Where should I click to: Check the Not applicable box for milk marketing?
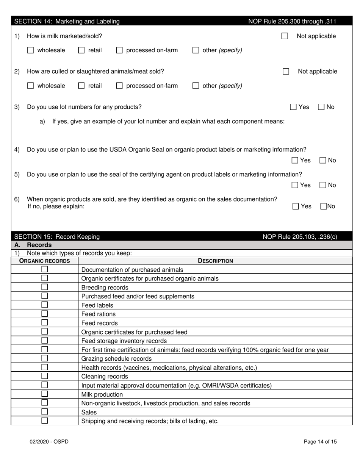click(285, 36)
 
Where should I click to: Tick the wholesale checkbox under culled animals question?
click(31, 86)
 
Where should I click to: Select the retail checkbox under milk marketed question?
click(81, 50)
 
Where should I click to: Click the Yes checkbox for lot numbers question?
click(293, 107)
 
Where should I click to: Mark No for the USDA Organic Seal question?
click(323, 160)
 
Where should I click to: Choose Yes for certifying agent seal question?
click(295, 185)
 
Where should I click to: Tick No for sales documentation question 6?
click(324, 206)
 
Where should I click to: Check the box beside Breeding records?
click(44, 287)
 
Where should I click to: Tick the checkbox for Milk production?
click(44, 394)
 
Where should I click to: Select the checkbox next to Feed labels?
click(44, 305)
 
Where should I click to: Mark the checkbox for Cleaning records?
click(44, 376)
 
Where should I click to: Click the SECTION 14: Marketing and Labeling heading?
click(67, 22)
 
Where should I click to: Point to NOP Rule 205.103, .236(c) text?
click(300, 237)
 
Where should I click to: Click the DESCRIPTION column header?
click(215, 261)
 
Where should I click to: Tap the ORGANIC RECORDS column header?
click(45, 261)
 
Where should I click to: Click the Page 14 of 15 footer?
click(320, 441)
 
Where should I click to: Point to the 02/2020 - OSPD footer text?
click(50, 441)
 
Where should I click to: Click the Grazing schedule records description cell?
click(117, 358)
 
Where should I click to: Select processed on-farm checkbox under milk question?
click(119, 50)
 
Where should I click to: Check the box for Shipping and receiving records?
click(44, 421)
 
